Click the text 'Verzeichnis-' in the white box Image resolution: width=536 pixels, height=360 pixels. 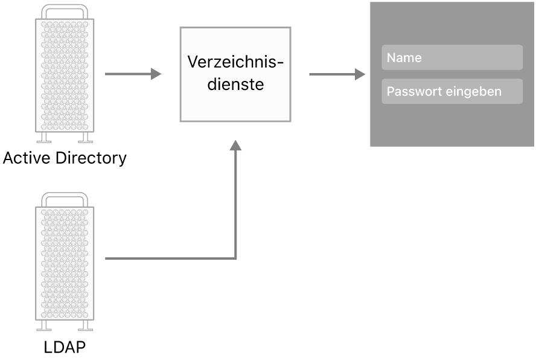(x=235, y=62)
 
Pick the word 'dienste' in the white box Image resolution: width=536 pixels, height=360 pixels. (x=235, y=85)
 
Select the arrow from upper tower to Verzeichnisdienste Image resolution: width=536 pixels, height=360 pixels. (x=133, y=74)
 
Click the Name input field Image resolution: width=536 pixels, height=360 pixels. (x=452, y=58)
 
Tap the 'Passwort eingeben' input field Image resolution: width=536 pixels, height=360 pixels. (x=452, y=92)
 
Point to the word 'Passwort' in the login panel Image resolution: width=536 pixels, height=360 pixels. (x=408, y=92)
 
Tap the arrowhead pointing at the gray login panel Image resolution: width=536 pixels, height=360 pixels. (x=360, y=74)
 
